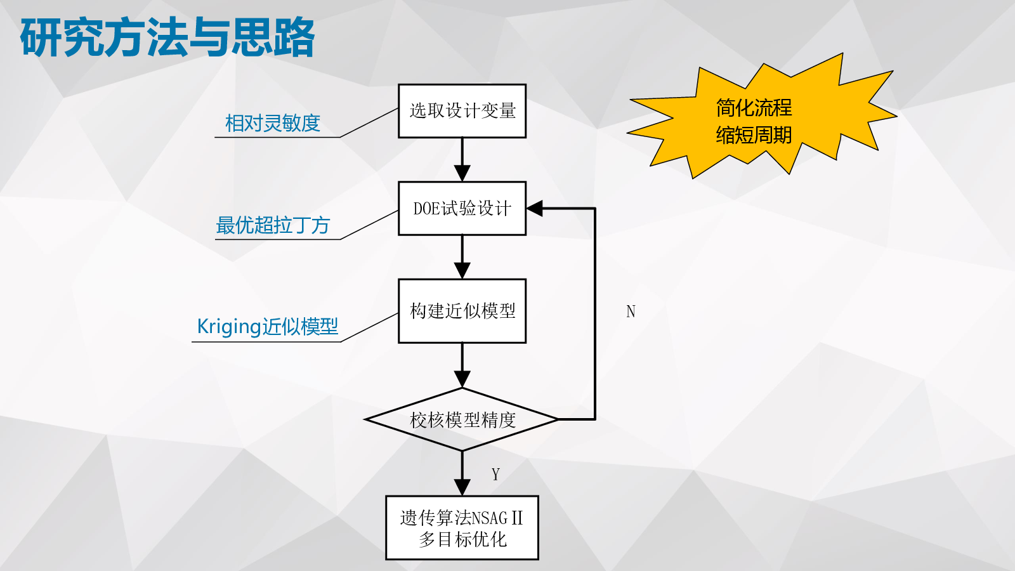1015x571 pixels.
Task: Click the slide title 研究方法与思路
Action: tap(167, 38)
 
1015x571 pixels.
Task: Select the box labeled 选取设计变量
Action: tap(462, 111)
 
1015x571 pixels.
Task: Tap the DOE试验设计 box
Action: tap(462, 209)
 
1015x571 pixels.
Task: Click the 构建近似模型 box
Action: tap(462, 311)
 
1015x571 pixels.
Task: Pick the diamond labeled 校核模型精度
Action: tap(462, 419)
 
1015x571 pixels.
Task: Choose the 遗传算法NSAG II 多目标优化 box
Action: tap(462, 528)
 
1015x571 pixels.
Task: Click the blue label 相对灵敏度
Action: tap(273, 123)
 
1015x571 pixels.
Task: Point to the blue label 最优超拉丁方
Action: tap(273, 225)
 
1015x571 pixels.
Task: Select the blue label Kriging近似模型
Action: tap(268, 326)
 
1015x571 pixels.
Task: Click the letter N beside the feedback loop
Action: tap(631, 312)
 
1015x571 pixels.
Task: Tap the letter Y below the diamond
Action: tap(495, 475)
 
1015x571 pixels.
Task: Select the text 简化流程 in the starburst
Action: tap(754, 108)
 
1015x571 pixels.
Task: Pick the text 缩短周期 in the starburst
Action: tap(754, 135)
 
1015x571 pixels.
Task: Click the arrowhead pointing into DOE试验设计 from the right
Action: tap(535, 208)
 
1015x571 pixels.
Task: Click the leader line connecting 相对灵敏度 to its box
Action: tap(369, 122)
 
